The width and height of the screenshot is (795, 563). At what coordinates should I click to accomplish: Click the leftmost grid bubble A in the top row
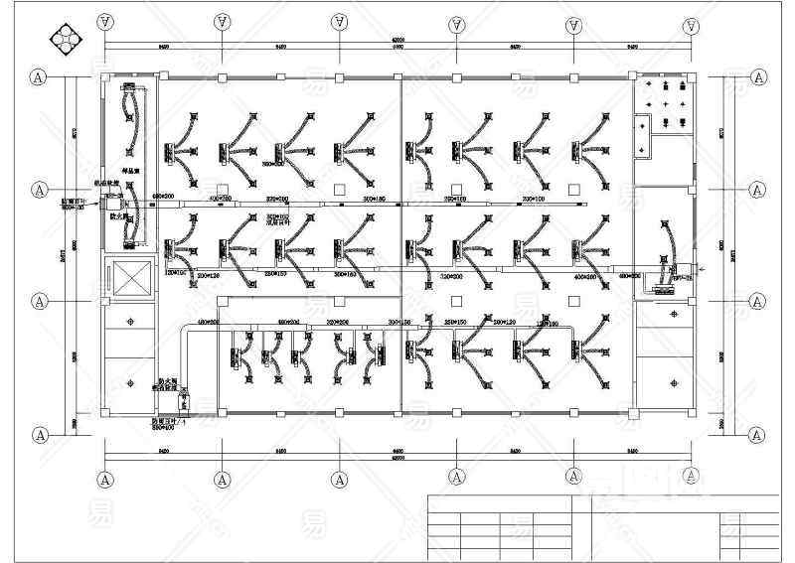coord(104,21)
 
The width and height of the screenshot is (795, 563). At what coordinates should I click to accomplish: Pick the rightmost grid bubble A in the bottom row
coord(691,480)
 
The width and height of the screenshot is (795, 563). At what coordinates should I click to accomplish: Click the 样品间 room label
coord(128,171)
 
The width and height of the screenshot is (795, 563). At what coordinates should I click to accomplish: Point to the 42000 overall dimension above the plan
coord(397,38)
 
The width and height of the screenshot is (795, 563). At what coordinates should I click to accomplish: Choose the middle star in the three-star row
coord(667,103)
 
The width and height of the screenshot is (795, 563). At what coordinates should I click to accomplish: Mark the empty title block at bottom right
coord(685,526)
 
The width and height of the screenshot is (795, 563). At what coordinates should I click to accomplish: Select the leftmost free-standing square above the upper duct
coord(221,188)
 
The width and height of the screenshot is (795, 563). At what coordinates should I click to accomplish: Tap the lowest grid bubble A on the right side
coord(757,434)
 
